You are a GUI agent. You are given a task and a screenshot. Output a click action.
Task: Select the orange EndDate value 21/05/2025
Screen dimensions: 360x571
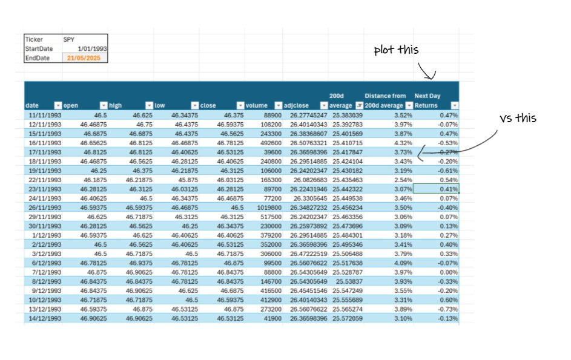click(85, 58)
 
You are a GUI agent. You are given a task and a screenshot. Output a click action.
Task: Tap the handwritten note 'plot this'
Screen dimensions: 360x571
click(396, 50)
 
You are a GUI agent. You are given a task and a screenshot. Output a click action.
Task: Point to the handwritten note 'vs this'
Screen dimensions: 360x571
click(518, 118)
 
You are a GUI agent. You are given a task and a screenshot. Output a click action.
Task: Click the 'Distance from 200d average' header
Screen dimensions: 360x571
click(385, 100)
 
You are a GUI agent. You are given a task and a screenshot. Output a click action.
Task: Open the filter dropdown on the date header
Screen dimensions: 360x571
click(58, 105)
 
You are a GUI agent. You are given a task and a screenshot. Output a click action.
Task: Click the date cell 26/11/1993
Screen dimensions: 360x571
click(44, 207)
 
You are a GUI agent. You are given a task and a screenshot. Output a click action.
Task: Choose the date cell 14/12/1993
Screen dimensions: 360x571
click(44, 318)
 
